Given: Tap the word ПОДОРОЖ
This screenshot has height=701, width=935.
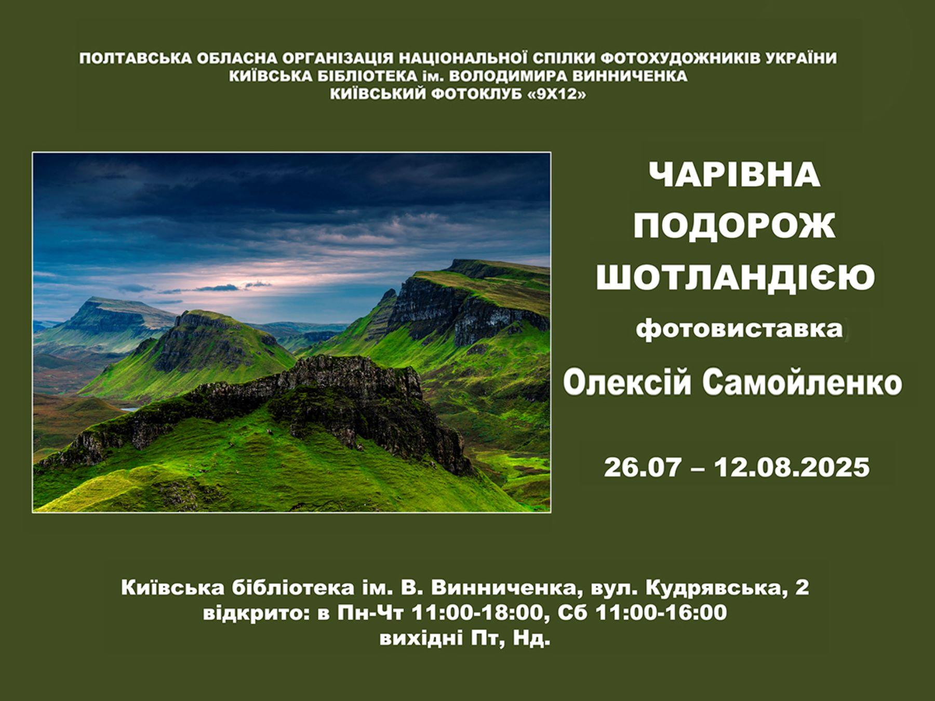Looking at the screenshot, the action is tap(734, 226).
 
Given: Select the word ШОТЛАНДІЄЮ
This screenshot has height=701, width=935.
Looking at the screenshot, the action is tap(735, 277).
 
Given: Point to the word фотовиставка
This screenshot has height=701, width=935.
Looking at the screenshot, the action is tap(738, 329).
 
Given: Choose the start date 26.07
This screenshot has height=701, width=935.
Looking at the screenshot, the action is tap(642, 467).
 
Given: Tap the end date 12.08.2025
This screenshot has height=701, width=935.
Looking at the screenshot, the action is tap(792, 467).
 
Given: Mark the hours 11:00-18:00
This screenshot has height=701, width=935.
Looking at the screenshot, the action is tap(476, 613).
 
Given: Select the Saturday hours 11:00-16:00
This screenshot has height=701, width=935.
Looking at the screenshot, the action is tap(661, 613).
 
